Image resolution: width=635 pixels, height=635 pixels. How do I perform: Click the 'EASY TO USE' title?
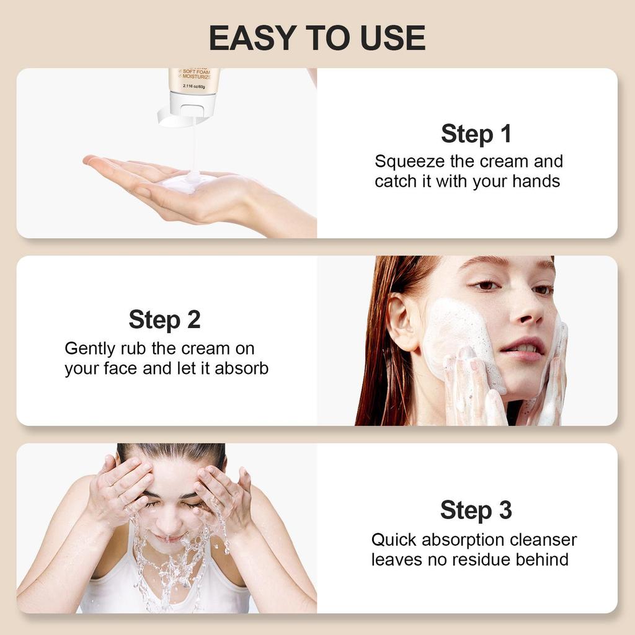tap(317, 38)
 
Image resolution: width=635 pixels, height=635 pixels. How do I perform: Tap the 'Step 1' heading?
tap(476, 133)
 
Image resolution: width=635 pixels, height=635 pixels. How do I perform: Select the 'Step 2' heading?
tap(164, 320)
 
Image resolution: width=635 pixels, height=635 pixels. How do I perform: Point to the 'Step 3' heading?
tap(476, 510)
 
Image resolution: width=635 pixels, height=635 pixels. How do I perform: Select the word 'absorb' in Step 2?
tap(242, 368)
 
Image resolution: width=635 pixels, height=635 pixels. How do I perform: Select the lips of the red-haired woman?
tap(522, 349)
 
